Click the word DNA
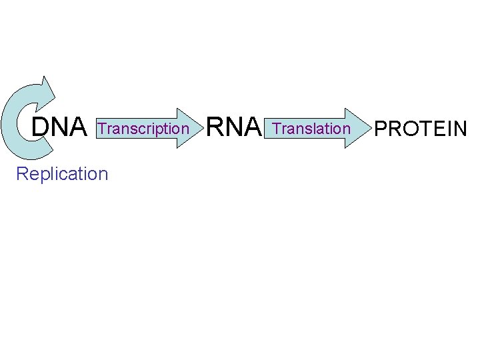59,127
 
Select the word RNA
233,127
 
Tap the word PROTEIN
421,128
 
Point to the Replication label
62,174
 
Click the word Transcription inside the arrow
143,128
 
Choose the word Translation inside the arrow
311,127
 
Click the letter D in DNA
41,127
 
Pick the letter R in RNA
215,127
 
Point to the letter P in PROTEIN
381,128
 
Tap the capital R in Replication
22,174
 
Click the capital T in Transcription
102,128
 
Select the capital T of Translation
277,127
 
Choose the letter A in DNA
79,127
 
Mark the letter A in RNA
252,127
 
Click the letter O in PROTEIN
409,128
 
